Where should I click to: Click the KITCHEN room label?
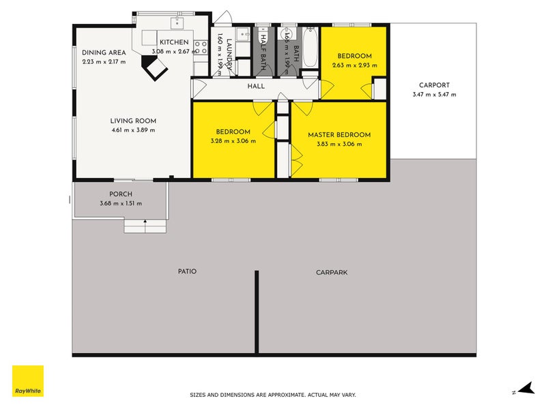point(173,42)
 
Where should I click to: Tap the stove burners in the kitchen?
point(201,47)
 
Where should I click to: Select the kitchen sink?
point(177,23)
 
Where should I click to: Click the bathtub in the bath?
point(309,47)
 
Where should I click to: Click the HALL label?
point(256,87)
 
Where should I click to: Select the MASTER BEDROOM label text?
point(339,135)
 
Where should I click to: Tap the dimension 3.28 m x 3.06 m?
point(233,141)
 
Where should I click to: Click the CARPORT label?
point(434,85)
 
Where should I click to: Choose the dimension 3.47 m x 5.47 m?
point(434,95)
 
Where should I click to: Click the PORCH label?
point(120,194)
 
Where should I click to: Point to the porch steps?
point(145,226)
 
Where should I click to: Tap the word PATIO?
point(187,271)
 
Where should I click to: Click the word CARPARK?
point(332,272)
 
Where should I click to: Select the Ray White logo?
point(28,382)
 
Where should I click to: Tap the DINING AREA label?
point(103,52)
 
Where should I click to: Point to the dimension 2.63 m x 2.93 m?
point(354,65)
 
